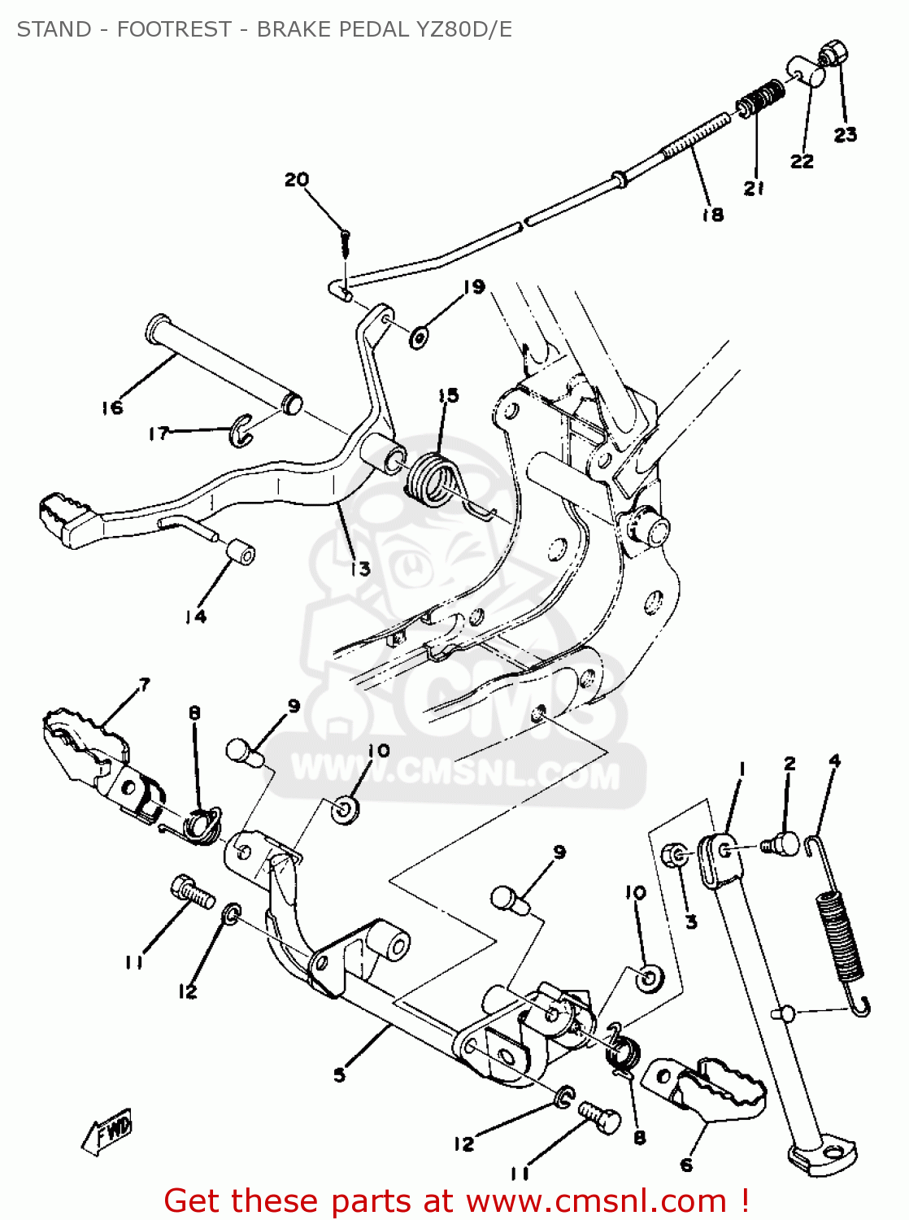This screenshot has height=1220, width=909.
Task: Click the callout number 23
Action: point(845,134)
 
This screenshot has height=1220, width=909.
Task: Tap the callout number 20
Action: point(297,179)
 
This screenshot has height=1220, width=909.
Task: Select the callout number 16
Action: point(112,407)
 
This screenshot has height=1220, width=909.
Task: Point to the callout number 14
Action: point(195,617)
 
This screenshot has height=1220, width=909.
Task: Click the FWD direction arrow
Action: point(107,1131)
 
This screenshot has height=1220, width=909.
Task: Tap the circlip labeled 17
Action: point(241,430)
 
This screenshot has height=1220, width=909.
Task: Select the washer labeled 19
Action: point(420,334)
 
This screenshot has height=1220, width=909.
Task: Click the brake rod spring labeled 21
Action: point(762,98)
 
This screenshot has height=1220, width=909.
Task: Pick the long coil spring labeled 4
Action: point(840,935)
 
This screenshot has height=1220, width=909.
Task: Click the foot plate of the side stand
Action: point(823,1153)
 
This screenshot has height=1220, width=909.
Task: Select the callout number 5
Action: point(339,1074)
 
